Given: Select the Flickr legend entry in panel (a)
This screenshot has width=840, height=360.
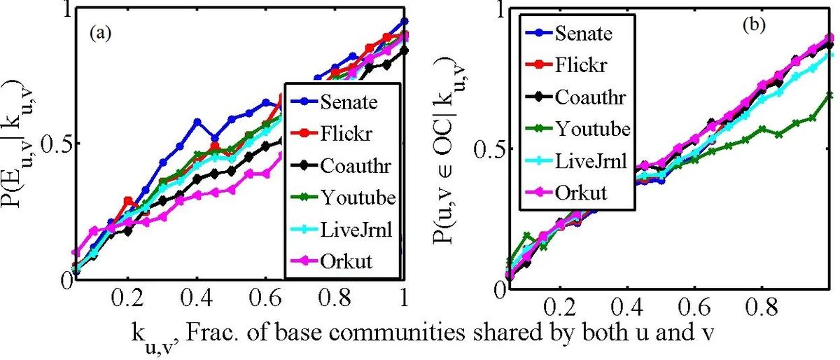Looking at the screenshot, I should [342, 134].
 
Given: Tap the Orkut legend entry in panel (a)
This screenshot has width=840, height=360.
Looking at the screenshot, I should [342, 262].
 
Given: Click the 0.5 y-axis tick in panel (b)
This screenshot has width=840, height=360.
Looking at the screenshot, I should [489, 149].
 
